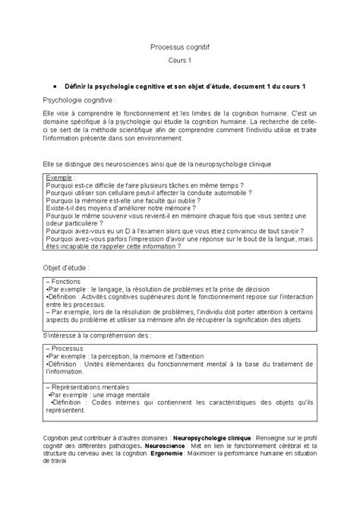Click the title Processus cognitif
(x=180, y=46)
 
